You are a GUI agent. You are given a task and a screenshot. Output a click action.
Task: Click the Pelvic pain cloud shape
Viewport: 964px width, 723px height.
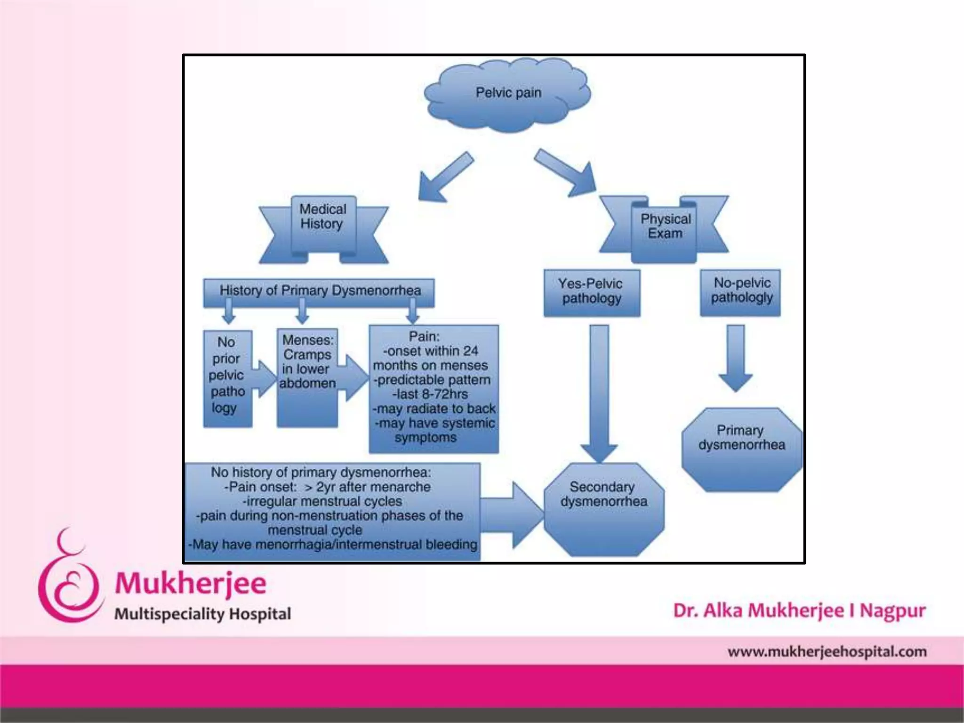507,94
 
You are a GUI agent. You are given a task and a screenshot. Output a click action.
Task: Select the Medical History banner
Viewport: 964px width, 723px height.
323,230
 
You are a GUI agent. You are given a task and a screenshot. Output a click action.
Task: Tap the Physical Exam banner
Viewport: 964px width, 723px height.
664,229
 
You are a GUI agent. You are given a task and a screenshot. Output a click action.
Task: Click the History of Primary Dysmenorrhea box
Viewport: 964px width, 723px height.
319,292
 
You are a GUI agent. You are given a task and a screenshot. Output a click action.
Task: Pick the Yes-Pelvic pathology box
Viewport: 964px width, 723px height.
592,293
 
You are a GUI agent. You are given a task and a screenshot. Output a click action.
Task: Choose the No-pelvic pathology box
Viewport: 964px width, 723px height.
740,292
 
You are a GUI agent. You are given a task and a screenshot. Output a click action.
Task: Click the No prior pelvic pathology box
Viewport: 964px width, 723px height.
227,379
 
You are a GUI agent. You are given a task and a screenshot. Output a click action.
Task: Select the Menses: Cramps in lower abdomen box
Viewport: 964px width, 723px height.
307,378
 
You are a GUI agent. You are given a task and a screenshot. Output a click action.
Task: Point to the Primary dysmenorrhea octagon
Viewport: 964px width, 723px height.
742,450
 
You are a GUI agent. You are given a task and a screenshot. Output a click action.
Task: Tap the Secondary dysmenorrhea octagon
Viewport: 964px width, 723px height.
604,510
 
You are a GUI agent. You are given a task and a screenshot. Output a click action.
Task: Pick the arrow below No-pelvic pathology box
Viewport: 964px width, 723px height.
736,358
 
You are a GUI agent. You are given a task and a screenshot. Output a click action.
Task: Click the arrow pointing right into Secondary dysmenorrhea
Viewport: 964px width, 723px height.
512,515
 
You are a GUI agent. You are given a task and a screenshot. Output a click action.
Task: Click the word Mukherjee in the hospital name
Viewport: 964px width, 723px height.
191,584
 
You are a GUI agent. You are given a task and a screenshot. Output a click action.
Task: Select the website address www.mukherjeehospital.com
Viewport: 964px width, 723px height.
827,652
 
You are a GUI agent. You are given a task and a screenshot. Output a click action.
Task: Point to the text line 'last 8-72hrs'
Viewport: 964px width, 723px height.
430,394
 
